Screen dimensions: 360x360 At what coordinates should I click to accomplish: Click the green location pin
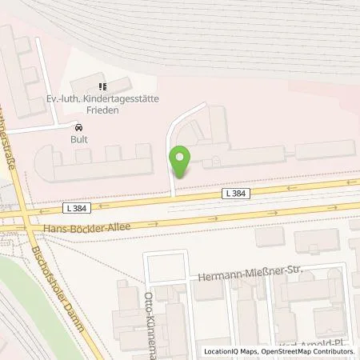pyautogui.click(x=183, y=162)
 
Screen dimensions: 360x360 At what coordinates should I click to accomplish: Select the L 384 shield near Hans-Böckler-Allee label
pyautogui.click(x=75, y=207)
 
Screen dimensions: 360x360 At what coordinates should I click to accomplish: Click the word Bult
pyautogui.click(x=78, y=138)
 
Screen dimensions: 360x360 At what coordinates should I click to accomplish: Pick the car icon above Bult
pyautogui.click(x=78, y=127)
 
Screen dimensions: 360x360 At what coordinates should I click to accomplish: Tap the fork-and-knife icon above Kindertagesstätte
pyautogui.click(x=101, y=86)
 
